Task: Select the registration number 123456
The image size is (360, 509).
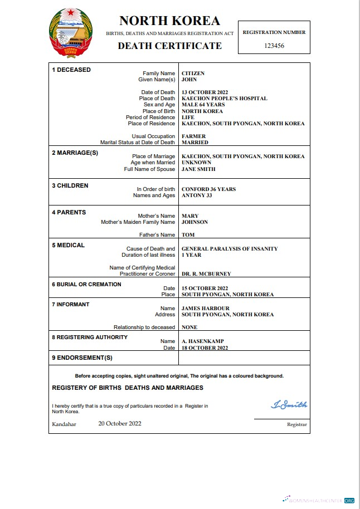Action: [274, 46]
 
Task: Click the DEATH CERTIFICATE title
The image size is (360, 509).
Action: [169, 46]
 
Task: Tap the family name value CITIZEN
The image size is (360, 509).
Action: [193, 74]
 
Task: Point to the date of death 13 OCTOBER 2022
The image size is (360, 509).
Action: [205, 92]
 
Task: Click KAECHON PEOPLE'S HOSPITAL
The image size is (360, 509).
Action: [224, 99]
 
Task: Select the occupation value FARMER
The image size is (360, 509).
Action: [193, 136]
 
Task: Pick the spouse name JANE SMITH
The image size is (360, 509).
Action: [198, 169]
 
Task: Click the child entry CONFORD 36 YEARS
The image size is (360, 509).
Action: [208, 189]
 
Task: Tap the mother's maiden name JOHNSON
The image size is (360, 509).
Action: [194, 222]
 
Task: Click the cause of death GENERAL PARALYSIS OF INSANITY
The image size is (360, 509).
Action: [230, 249]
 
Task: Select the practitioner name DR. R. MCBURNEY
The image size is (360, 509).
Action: [206, 274]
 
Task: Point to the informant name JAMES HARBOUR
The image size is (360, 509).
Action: [205, 309]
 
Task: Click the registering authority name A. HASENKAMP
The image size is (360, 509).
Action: [202, 341]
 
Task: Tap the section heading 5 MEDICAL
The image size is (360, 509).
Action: [68, 245]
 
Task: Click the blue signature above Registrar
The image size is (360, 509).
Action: [289, 405]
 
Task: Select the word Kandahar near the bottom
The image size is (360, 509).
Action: [64, 424]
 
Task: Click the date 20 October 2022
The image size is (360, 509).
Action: [120, 424]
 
